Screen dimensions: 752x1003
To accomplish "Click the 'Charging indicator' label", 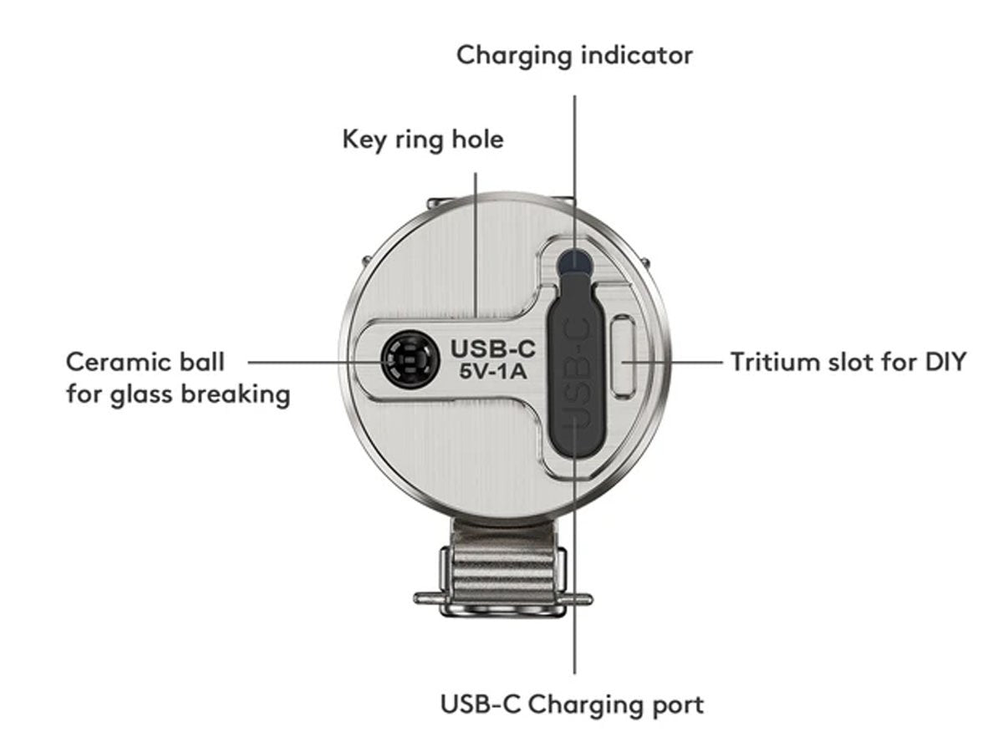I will (574, 56).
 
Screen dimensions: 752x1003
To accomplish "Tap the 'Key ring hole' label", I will (423, 139).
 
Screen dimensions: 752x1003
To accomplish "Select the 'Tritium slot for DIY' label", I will (848, 363).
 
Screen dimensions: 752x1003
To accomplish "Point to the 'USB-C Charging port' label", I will (573, 704).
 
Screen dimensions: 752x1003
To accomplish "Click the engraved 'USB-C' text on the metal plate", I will (492, 347).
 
